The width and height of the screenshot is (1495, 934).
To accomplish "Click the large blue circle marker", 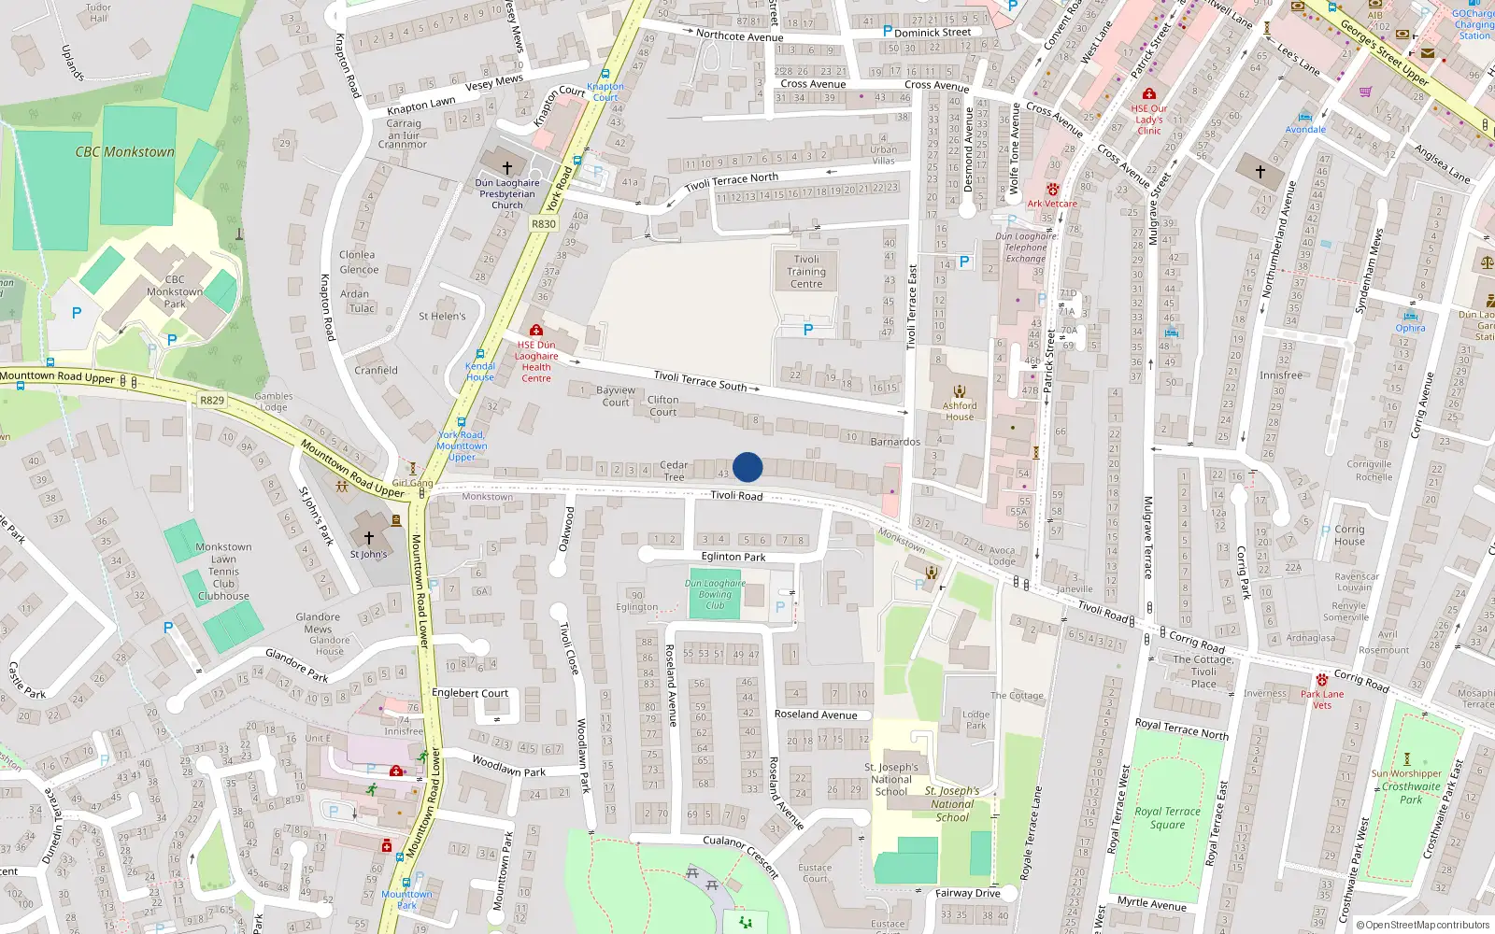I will tap(747, 467).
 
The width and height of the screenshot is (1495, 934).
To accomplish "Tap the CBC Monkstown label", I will tap(125, 152).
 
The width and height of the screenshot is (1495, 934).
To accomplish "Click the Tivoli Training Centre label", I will tap(806, 272).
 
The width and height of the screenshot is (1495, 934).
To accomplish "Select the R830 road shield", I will tap(544, 224).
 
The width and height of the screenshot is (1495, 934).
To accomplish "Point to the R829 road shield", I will tap(212, 400).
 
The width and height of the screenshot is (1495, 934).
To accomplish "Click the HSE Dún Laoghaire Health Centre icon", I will tap(536, 331).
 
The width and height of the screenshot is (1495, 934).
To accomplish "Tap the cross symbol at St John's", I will tap(368, 538).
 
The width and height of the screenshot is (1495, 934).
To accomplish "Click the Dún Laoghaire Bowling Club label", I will tap(715, 594).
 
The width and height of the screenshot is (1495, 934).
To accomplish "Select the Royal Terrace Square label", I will tap(1167, 817).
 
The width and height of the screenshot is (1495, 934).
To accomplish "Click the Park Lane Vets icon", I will tap(1321, 680).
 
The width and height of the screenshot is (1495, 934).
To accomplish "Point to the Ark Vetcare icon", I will tap(1052, 190).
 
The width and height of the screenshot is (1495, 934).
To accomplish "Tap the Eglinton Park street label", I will tap(733, 557).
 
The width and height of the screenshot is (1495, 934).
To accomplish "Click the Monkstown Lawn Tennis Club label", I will tap(223, 571).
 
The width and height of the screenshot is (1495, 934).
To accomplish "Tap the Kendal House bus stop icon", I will tap(480, 354).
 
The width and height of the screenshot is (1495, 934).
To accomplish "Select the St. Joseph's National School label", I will tap(891, 779).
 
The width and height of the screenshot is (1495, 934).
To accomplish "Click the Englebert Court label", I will tap(470, 693).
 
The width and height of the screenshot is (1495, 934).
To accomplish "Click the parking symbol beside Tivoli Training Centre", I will tap(808, 330).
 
